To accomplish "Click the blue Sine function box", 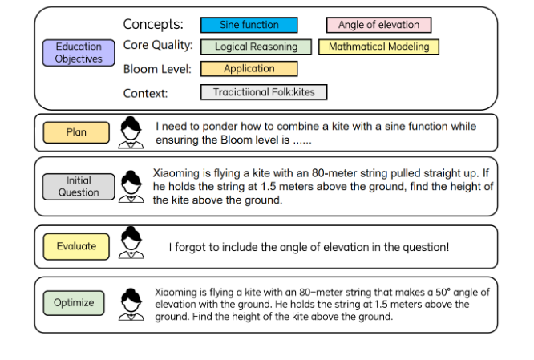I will pos(249,26).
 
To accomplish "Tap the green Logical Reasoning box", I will pos(256,47).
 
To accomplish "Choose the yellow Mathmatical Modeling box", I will pos(378,47).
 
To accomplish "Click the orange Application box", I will pos(249,69).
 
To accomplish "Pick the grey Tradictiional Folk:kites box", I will pos(264,92).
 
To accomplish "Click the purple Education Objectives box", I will pos(79,53).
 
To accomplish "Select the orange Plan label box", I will pos(76,132).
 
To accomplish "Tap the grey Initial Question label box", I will pos(79,187).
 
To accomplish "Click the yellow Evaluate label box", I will pos(76,246).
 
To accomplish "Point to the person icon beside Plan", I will pos(129,132).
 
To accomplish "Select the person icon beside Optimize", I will pos(130,304).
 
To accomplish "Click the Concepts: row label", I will pos(153,25).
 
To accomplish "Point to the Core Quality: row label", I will pos(158,46).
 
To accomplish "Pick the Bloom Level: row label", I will pos(157,69).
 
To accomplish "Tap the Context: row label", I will pos(145,93).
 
